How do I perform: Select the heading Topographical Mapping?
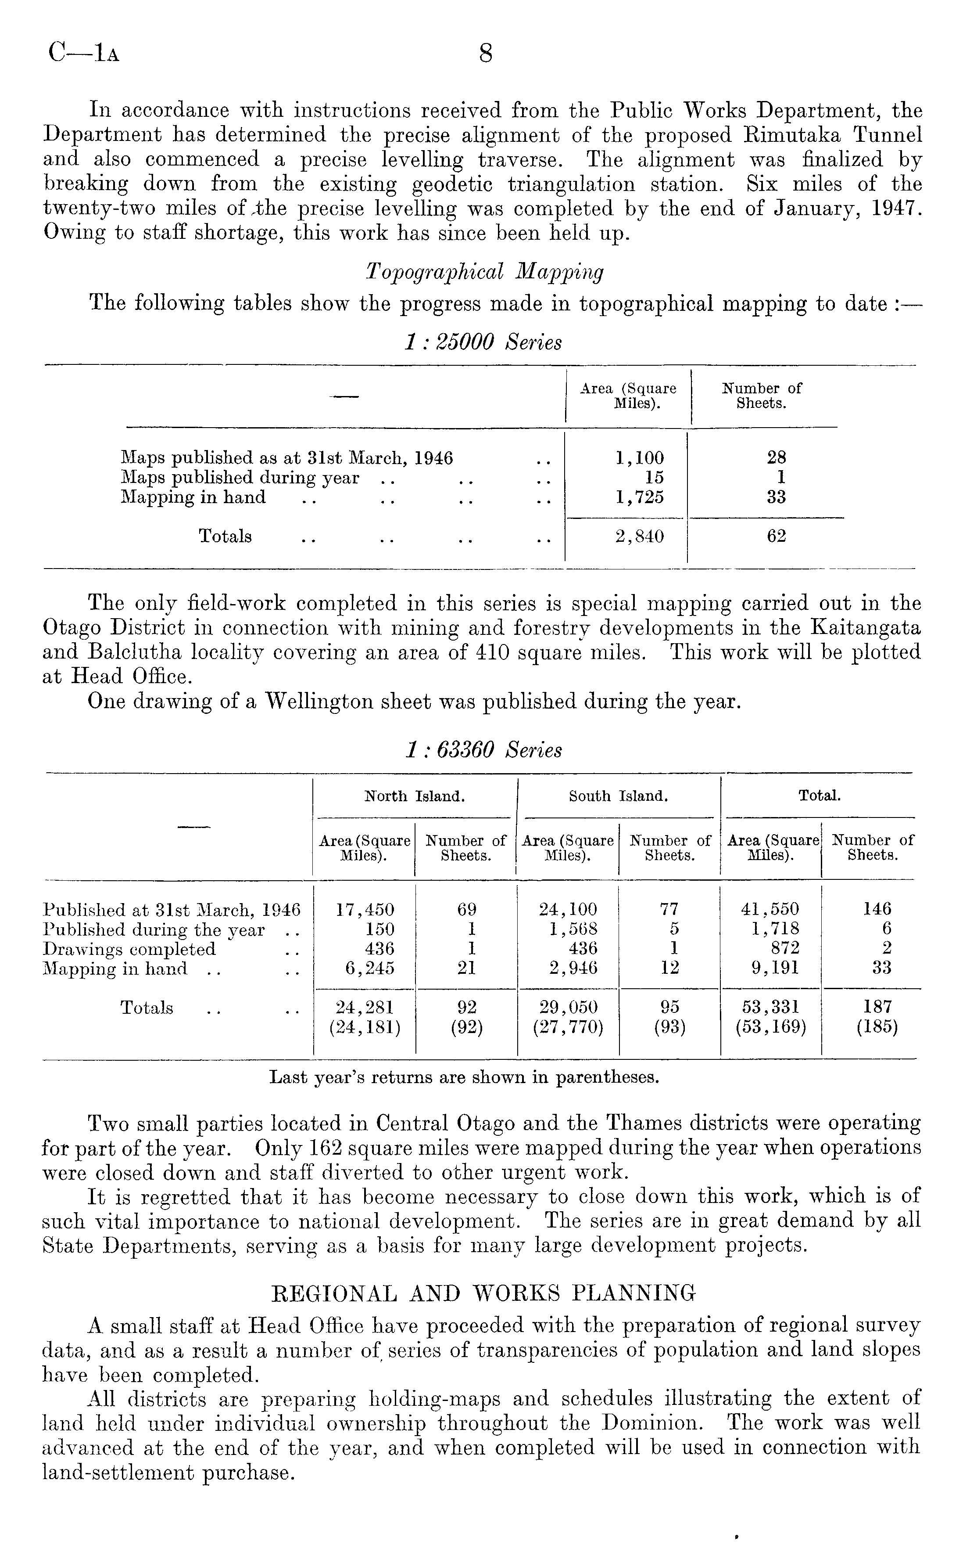pos(484,272)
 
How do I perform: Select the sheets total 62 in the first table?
pos(776,537)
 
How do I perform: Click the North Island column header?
pos(415,796)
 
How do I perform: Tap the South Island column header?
pos(619,796)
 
